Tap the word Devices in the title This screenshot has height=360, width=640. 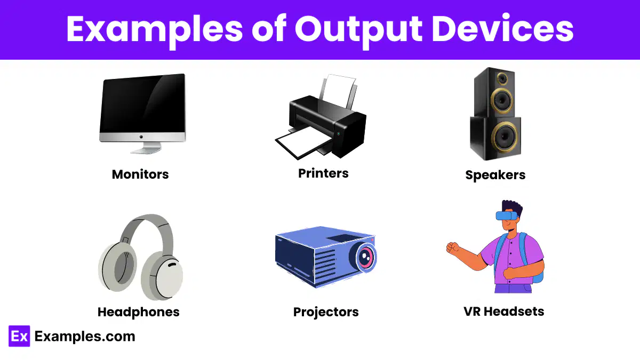(502, 29)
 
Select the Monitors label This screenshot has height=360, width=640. (140, 174)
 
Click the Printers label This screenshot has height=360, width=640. (323, 173)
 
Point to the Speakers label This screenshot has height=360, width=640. (495, 175)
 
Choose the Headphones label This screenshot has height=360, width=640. (139, 312)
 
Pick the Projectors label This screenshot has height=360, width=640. (326, 312)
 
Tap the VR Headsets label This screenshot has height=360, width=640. (503, 311)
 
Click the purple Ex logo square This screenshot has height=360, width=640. (19, 336)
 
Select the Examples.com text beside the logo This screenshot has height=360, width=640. (85, 337)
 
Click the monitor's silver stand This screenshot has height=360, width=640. (146, 148)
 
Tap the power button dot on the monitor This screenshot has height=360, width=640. (141, 137)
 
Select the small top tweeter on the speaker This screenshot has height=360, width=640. (502, 78)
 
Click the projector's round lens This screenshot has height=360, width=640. (364, 257)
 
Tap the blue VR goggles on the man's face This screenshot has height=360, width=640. (507, 215)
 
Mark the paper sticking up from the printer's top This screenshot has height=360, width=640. (339, 90)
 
